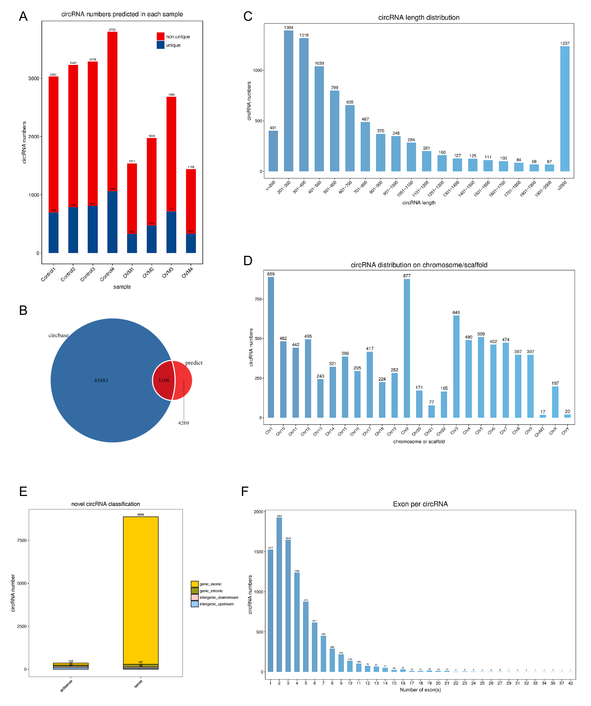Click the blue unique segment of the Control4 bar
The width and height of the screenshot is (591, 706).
[x=112, y=222]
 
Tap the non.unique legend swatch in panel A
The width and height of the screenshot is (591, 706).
[x=160, y=36]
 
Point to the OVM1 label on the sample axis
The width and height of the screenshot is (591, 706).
[x=129, y=272]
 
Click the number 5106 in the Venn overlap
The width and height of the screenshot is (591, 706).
[x=164, y=380]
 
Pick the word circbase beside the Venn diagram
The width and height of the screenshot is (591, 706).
[x=59, y=335]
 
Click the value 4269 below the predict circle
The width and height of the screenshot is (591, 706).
[x=183, y=423]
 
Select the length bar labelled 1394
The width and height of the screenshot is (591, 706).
[x=288, y=101]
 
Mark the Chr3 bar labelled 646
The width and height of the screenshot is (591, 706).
[x=456, y=366]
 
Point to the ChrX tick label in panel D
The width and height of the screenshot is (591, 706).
[x=553, y=431]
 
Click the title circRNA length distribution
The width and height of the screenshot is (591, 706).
[x=419, y=18]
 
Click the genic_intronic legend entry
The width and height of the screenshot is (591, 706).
[x=211, y=591]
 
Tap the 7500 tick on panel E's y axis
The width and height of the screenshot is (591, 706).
[x=22, y=540]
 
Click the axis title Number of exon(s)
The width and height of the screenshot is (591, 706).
[x=420, y=689]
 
